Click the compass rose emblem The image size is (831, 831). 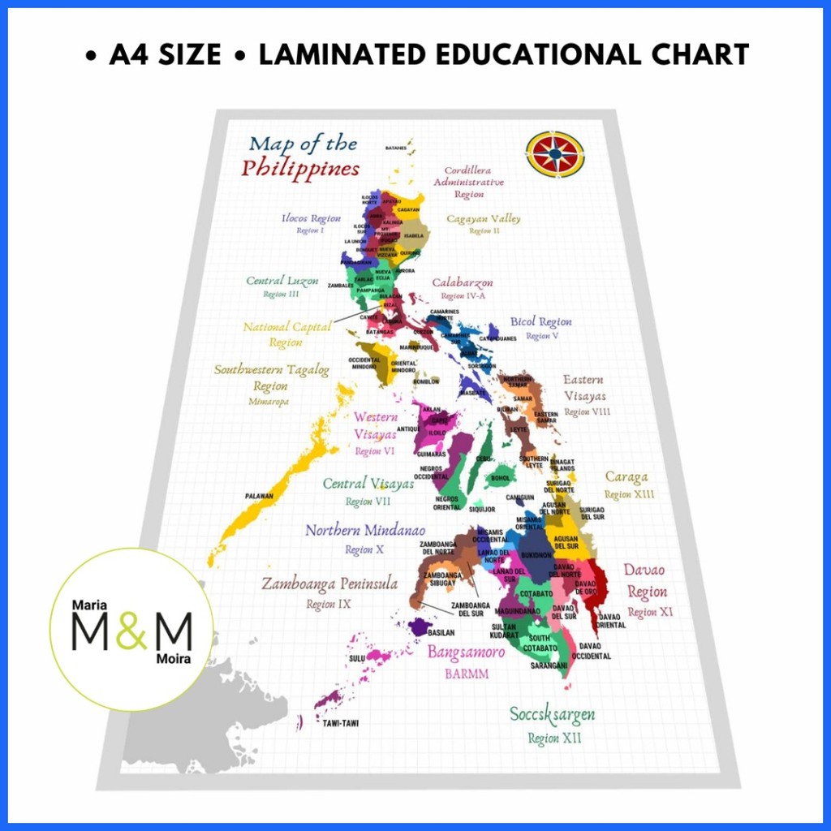point(555,153)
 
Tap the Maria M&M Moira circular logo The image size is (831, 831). point(131,630)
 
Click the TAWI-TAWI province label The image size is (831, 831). point(340,722)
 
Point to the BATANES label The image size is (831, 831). point(395,149)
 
